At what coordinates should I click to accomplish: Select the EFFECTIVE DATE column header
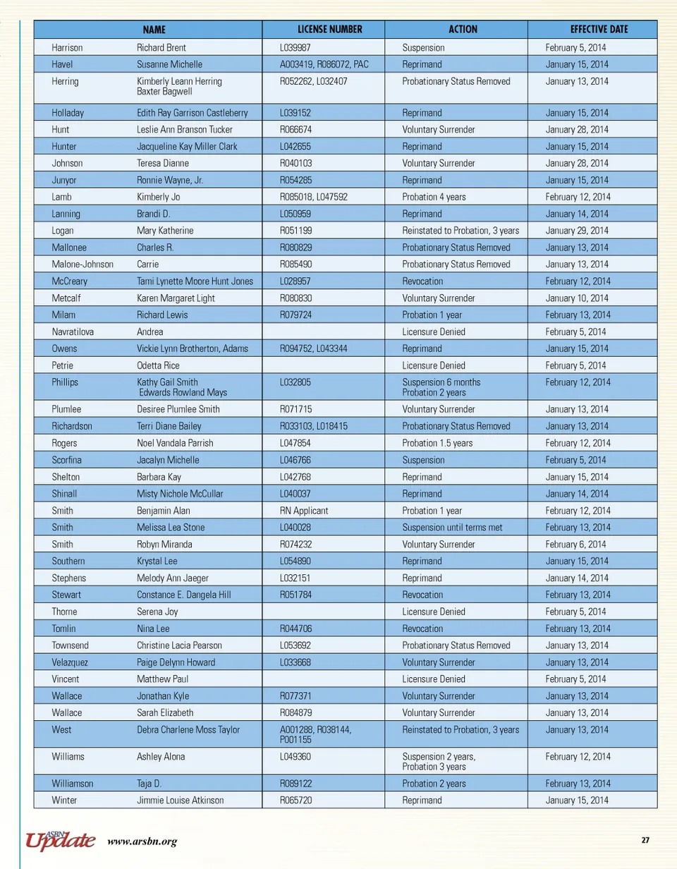click(599, 30)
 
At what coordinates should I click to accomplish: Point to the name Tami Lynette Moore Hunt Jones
click(195, 281)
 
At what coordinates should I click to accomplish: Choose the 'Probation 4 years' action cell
click(433, 197)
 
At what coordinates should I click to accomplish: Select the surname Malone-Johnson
click(83, 265)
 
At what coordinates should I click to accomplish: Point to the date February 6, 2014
click(575, 545)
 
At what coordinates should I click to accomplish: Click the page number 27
click(645, 839)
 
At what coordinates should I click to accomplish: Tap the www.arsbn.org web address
click(142, 841)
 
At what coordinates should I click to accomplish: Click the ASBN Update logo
click(61, 839)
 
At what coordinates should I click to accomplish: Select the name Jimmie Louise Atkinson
click(181, 801)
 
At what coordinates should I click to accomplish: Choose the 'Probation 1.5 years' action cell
click(437, 443)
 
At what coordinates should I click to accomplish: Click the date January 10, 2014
click(576, 298)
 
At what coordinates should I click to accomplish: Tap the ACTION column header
click(463, 30)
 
